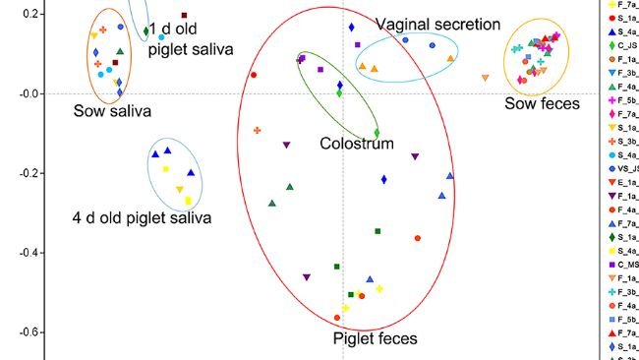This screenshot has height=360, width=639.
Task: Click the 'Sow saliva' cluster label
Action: click(112, 111)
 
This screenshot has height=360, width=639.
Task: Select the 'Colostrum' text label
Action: click(357, 144)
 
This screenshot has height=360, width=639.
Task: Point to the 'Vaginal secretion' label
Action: click(438, 24)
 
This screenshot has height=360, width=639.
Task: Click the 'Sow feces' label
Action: click(543, 103)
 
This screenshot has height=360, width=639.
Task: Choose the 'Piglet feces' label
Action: click(375, 339)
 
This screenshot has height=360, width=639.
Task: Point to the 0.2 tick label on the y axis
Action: click(29, 14)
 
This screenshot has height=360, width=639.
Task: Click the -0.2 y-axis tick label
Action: click(28, 173)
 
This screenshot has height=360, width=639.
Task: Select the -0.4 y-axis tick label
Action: click(28, 253)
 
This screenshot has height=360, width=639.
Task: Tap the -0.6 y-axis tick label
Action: click(28, 332)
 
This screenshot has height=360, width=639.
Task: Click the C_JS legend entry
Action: click(619, 44)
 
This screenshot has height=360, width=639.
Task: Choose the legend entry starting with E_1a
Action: click(619, 182)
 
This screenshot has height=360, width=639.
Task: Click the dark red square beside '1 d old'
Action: click(184, 16)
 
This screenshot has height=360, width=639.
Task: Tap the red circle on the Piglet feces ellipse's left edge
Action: click(254, 75)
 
